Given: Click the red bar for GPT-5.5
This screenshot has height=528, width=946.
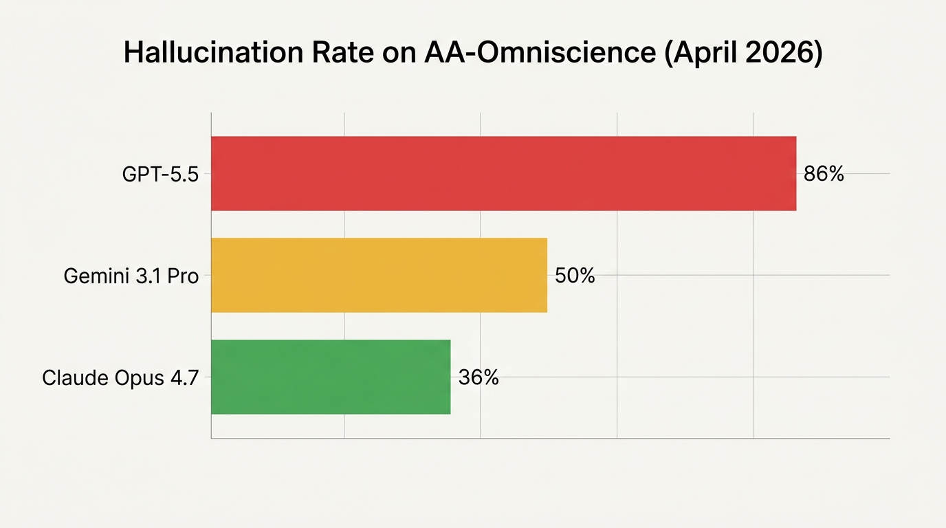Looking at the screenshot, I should pos(503,173).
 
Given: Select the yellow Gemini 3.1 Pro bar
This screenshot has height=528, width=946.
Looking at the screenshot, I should pos(379,275).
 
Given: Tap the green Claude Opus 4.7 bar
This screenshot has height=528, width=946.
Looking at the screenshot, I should pos(331,377).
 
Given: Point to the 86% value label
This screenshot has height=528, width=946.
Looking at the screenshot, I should pos(824,174).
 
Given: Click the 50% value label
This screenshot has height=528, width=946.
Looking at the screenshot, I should pos(575,276).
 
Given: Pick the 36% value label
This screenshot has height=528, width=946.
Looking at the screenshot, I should pos(478,377).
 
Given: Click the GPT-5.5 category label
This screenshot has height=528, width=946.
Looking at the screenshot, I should pos(160,175).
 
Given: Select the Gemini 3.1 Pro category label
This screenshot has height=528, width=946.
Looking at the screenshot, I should pos(131,276).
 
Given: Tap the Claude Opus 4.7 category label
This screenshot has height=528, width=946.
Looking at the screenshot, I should pos(120,378).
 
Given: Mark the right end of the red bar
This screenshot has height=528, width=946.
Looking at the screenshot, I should pos(795,173).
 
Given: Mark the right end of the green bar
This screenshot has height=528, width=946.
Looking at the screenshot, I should pos(449,377).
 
